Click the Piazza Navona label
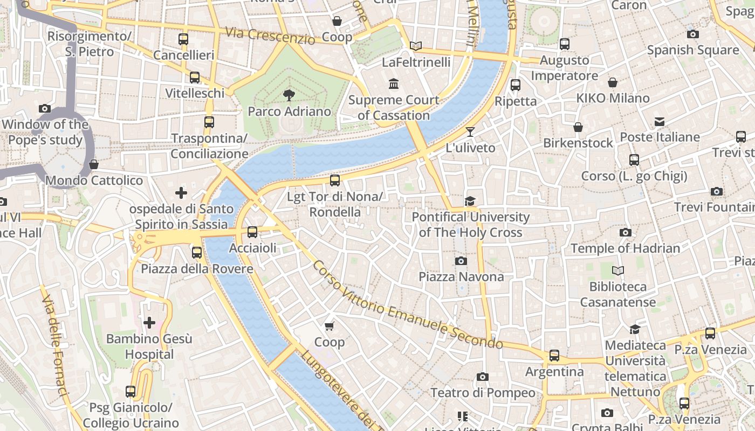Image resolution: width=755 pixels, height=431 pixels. (461, 277)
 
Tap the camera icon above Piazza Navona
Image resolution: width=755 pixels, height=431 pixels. (461, 261)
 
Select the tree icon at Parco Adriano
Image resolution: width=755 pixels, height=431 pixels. (289, 95)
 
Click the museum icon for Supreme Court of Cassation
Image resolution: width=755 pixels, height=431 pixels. (394, 84)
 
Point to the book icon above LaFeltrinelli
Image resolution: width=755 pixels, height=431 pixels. (416, 46)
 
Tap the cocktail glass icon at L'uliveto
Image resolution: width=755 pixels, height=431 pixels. (470, 132)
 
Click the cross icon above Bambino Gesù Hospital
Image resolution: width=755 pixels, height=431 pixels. (149, 323)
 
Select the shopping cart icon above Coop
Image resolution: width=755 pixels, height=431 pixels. (330, 326)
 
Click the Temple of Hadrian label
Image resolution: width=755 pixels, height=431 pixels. (625, 248)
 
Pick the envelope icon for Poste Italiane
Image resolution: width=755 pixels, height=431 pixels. (660, 121)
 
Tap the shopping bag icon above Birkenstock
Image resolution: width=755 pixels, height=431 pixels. (578, 127)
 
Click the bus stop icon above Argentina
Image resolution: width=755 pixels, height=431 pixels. (554, 356)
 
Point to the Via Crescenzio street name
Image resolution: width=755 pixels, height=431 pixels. (270, 36)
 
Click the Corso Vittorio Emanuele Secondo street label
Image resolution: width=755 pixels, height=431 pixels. (407, 304)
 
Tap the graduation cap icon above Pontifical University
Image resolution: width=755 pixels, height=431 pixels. (470, 201)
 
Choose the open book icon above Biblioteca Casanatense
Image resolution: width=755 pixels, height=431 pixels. (618, 270)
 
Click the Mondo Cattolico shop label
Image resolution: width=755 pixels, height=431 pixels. (94, 180)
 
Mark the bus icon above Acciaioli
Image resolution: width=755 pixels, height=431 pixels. (252, 232)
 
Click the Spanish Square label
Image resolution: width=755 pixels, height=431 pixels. (693, 50)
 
